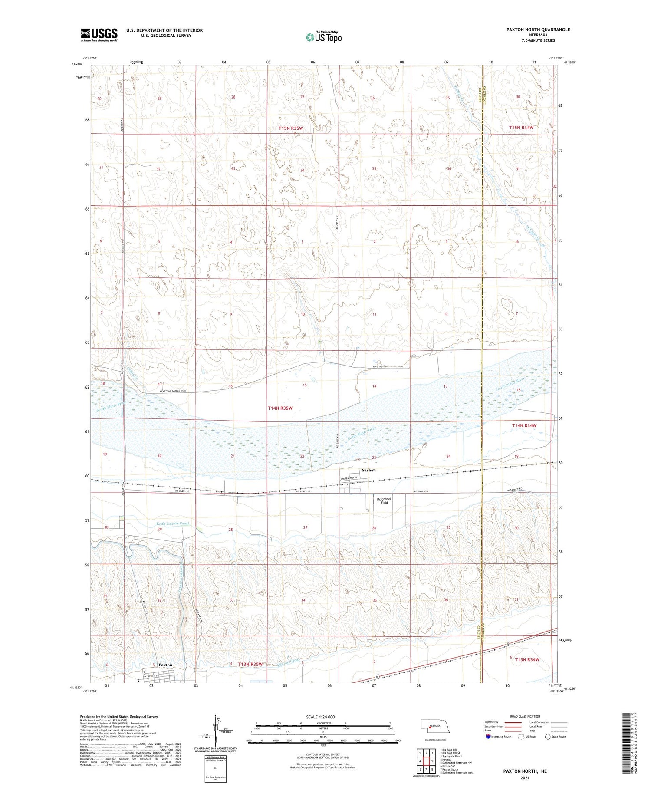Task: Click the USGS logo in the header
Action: pos(99,35)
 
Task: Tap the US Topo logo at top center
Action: pos(323,37)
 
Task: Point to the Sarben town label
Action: pos(369,470)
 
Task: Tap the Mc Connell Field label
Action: pos(384,501)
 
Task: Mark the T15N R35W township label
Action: pos(291,128)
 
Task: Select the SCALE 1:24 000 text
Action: pos(323,717)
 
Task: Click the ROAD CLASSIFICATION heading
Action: pos(525,716)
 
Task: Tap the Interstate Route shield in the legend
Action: pos(488,736)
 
